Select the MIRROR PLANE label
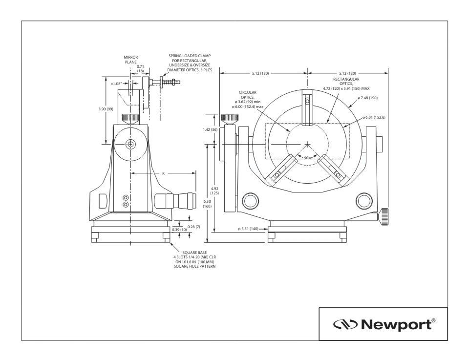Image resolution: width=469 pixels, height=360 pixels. point(131,60)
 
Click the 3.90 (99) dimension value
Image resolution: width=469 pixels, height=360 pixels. point(106,109)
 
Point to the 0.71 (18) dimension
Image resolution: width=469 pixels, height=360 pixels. point(140,68)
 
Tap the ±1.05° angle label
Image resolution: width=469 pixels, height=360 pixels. point(116,84)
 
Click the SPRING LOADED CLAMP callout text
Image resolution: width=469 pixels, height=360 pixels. point(190,63)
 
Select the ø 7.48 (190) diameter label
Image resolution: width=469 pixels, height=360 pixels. point(367,98)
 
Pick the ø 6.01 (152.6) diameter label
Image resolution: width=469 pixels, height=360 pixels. point(374,117)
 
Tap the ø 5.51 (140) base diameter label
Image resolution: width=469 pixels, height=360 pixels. point(248,229)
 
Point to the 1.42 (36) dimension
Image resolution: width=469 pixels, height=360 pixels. point(210,129)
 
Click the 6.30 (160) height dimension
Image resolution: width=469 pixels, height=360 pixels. point(207,204)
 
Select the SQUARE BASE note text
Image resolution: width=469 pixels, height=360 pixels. point(194,259)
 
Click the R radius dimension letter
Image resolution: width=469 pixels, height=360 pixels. point(163,173)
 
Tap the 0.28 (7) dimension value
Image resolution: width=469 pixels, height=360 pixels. point(194,227)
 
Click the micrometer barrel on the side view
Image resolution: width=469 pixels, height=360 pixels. point(175,201)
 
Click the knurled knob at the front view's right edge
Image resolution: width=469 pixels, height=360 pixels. point(384,217)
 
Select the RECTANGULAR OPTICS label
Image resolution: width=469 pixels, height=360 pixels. point(346,84)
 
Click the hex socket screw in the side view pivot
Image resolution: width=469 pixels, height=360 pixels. point(130,144)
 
